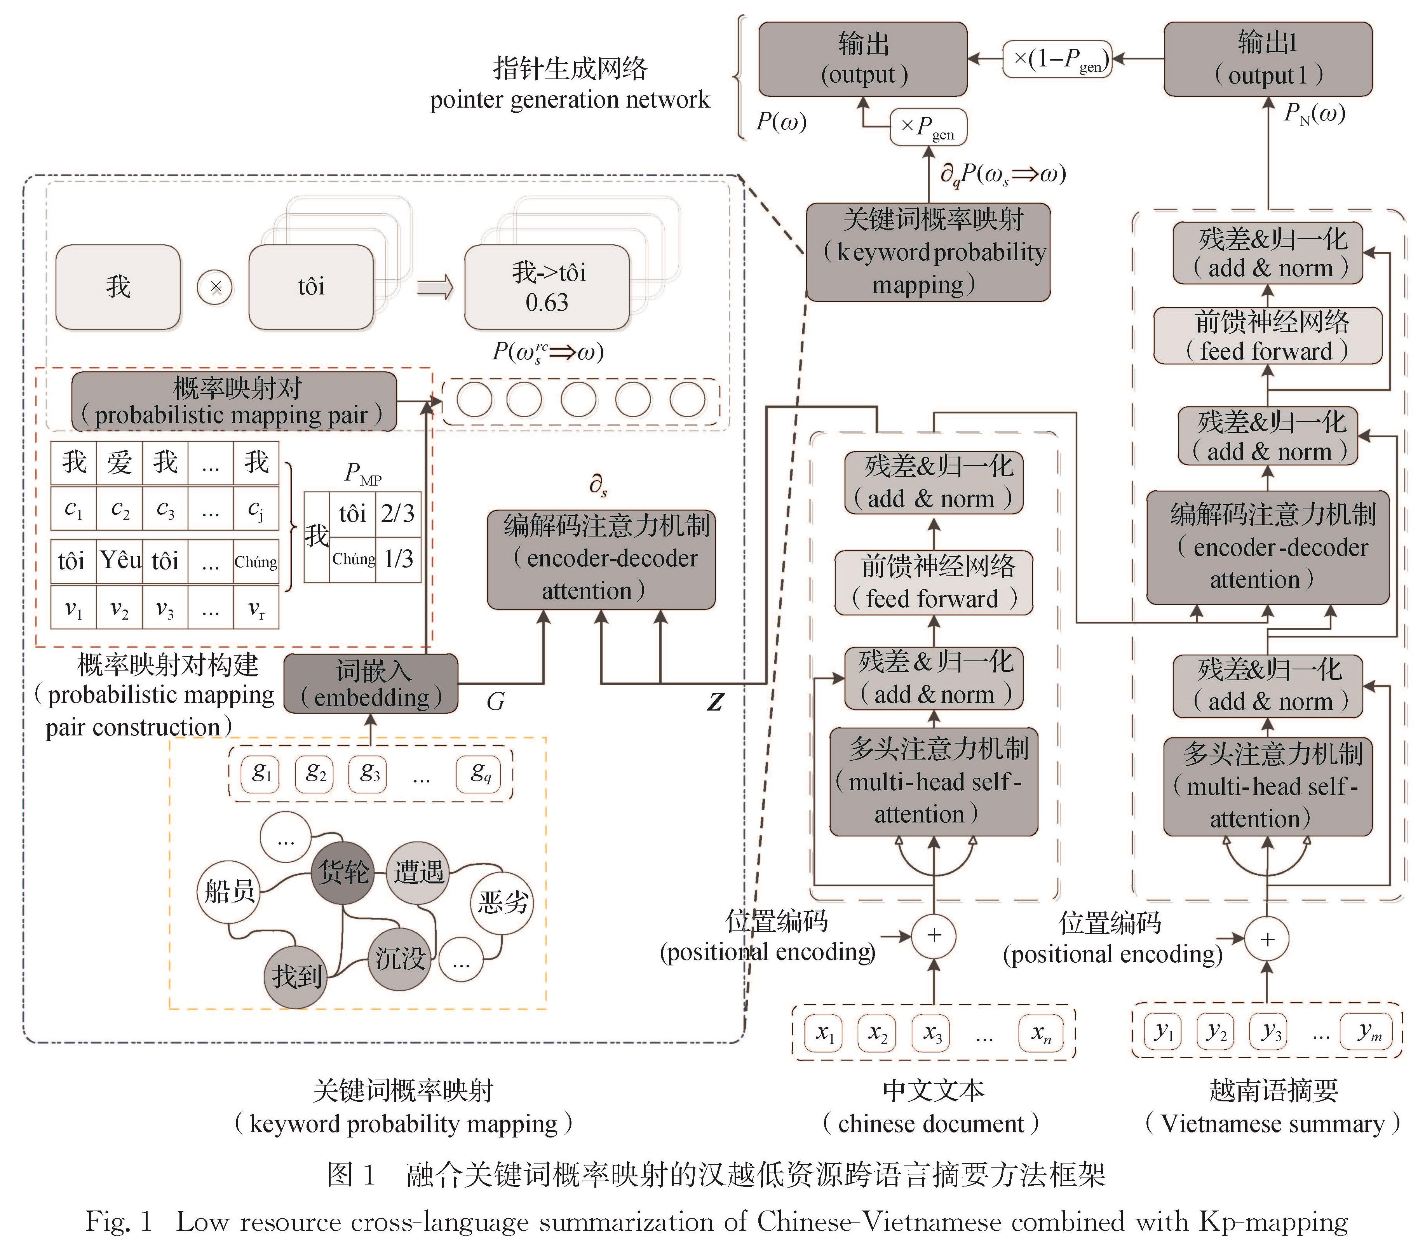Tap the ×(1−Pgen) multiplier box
1057,59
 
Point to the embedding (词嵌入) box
371,684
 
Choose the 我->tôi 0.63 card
547,287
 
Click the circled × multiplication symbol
215,287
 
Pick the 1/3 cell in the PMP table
398,559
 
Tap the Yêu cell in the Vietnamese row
120,560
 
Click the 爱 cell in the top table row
120,462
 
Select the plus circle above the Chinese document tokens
934,935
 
